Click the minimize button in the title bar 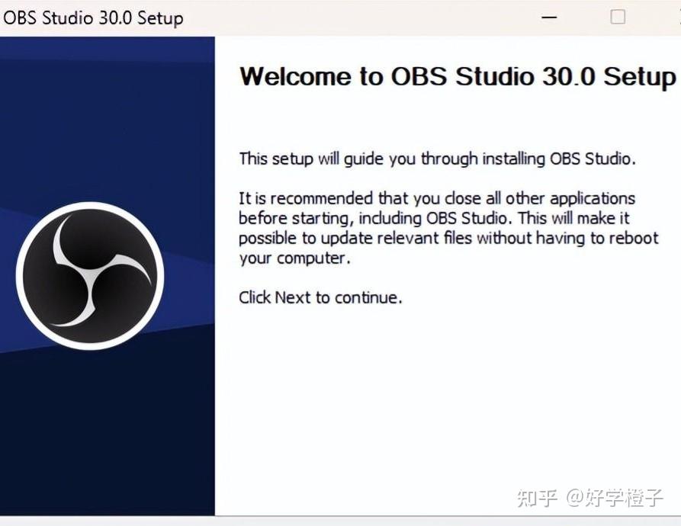click(x=548, y=18)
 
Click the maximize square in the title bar click(x=618, y=17)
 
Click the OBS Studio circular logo click(x=90, y=276)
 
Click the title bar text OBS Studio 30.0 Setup click(x=93, y=18)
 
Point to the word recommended click(x=320, y=199)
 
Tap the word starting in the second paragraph click(x=323, y=219)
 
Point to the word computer click(x=313, y=258)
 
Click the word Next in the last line click(x=292, y=297)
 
